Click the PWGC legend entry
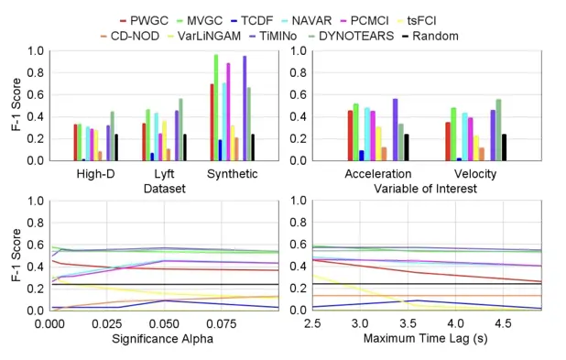(144, 20)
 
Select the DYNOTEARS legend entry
(352, 36)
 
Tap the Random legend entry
(430, 36)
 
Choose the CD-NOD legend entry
(130, 36)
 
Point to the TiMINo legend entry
(274, 36)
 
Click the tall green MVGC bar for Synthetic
(216, 107)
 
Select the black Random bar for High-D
(116, 147)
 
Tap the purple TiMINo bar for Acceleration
(396, 130)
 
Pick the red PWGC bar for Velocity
(448, 141)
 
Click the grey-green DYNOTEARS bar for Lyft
(180, 130)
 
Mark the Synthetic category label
(232, 174)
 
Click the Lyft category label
(164, 174)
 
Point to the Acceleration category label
(378, 174)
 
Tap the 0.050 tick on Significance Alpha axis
(164, 324)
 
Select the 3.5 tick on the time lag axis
(408, 323)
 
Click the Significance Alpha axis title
(162, 339)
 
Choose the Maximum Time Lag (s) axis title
(425, 338)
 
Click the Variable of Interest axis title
(425, 189)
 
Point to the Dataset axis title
(165, 189)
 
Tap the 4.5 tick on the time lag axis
(503, 323)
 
